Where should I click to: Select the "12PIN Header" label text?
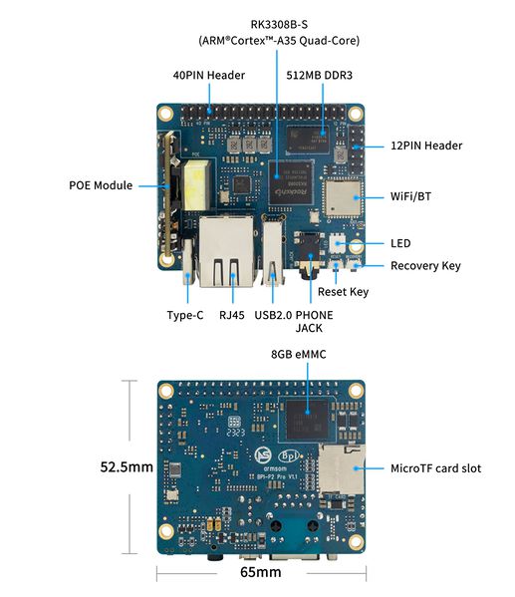[426, 146]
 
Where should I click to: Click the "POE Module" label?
[101, 185]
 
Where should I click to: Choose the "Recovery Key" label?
[425, 265]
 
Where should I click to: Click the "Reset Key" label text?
[343, 292]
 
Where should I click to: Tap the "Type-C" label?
[186, 315]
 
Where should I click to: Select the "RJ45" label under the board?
[231, 315]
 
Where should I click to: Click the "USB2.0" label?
[275, 315]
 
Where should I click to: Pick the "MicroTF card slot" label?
[436, 467]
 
